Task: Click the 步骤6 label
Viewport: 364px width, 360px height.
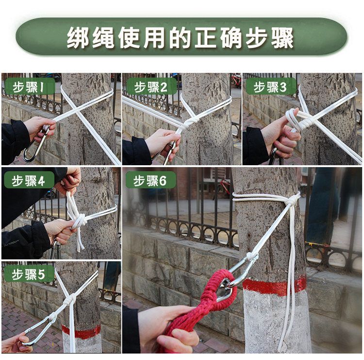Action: [150, 181]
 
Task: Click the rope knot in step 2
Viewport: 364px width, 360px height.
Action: [192, 122]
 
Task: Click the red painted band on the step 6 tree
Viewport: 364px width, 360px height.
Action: [274, 285]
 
